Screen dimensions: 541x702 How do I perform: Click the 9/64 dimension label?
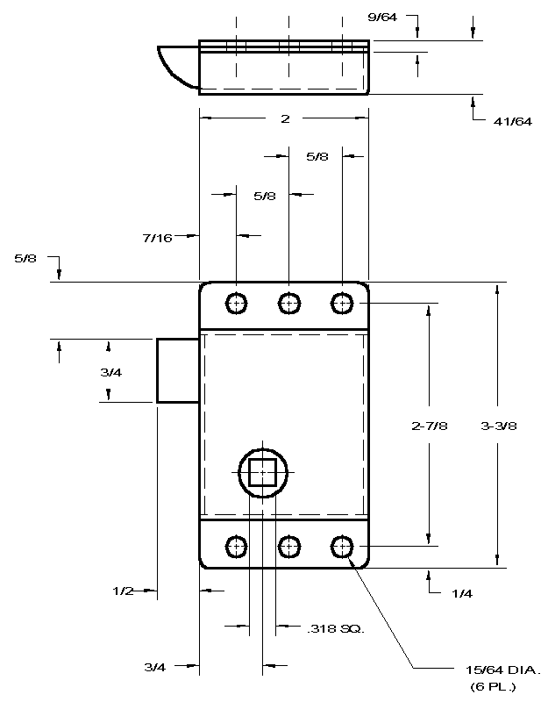click(382, 18)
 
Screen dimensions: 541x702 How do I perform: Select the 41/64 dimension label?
click(513, 121)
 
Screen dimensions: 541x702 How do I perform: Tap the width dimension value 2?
click(285, 118)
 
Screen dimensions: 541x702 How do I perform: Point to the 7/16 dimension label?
click(158, 238)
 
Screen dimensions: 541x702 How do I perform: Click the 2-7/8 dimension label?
click(430, 426)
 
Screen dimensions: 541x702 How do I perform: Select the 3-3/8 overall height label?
click(499, 426)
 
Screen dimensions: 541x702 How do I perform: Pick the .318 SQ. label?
click(336, 628)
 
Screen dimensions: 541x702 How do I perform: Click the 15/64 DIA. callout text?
click(503, 670)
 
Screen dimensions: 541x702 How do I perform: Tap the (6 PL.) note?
click(493, 686)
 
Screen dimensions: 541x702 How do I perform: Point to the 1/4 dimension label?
click(462, 594)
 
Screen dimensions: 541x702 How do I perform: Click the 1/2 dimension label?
click(123, 591)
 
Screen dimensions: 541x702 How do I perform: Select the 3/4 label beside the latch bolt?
click(111, 372)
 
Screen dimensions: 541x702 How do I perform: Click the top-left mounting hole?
click(236, 304)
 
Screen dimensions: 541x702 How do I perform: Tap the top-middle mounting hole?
click(289, 304)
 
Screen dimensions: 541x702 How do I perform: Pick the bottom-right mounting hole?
click(342, 547)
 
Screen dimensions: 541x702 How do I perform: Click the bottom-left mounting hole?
click(236, 547)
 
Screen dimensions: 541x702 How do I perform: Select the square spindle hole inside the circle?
click(262, 472)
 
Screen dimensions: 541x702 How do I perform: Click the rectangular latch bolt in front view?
click(178, 370)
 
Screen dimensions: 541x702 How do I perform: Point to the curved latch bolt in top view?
click(178, 68)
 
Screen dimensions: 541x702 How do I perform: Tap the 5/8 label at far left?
click(25, 258)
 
